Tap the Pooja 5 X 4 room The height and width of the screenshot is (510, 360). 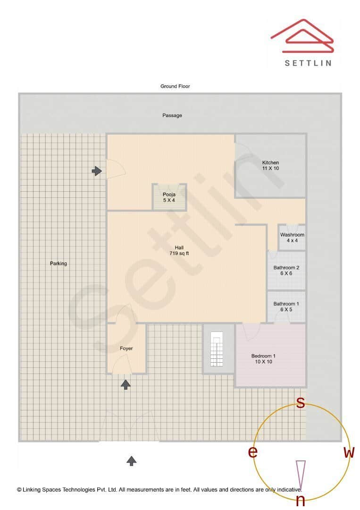pyautogui.click(x=169, y=197)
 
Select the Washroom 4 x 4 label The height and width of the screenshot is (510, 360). pyautogui.click(x=292, y=238)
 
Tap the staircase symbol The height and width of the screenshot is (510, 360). pyautogui.click(x=217, y=348)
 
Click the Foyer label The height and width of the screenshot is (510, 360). pyautogui.click(x=126, y=348)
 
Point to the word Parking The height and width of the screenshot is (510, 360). pyautogui.click(x=58, y=263)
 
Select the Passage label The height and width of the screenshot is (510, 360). pyautogui.click(x=172, y=115)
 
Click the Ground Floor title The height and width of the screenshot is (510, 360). pyautogui.click(x=175, y=86)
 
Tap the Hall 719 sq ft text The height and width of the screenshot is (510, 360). pyautogui.click(x=179, y=250)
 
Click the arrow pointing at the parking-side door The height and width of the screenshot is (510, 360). pyautogui.click(x=97, y=171)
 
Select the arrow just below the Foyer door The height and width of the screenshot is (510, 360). pyautogui.click(x=126, y=384)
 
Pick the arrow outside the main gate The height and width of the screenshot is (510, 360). pyautogui.click(x=131, y=461)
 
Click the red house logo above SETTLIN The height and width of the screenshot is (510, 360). pyautogui.click(x=302, y=36)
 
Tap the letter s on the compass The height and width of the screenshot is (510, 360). pyautogui.click(x=301, y=402)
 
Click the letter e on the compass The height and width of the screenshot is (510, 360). pyautogui.click(x=253, y=451)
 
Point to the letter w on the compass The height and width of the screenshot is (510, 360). pyautogui.click(x=349, y=452)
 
